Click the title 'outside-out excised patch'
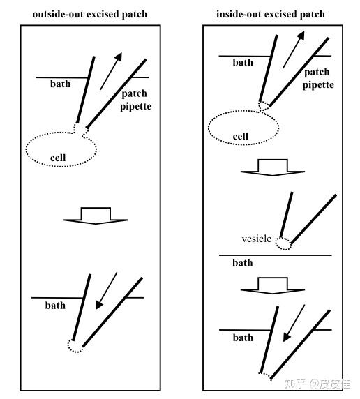tap(90, 14)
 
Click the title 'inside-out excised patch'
tap(271, 14)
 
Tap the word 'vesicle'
tap(256, 239)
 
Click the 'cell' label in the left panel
tap(58, 158)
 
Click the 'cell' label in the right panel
tap(240, 137)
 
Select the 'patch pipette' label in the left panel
tap(136, 100)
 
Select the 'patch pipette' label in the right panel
tap(318, 79)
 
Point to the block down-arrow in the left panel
tap(96, 216)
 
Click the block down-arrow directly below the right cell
tap(273, 167)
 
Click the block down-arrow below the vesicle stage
tap(273, 285)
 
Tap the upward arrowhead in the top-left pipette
tap(119, 57)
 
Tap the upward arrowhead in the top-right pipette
tap(301, 36)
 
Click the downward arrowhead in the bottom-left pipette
tap(99, 306)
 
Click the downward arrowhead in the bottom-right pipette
tap(287, 337)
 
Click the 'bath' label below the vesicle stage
tap(243, 262)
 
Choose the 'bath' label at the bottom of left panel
tap(55, 306)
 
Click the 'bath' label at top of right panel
tap(243, 62)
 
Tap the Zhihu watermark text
tap(317, 384)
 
